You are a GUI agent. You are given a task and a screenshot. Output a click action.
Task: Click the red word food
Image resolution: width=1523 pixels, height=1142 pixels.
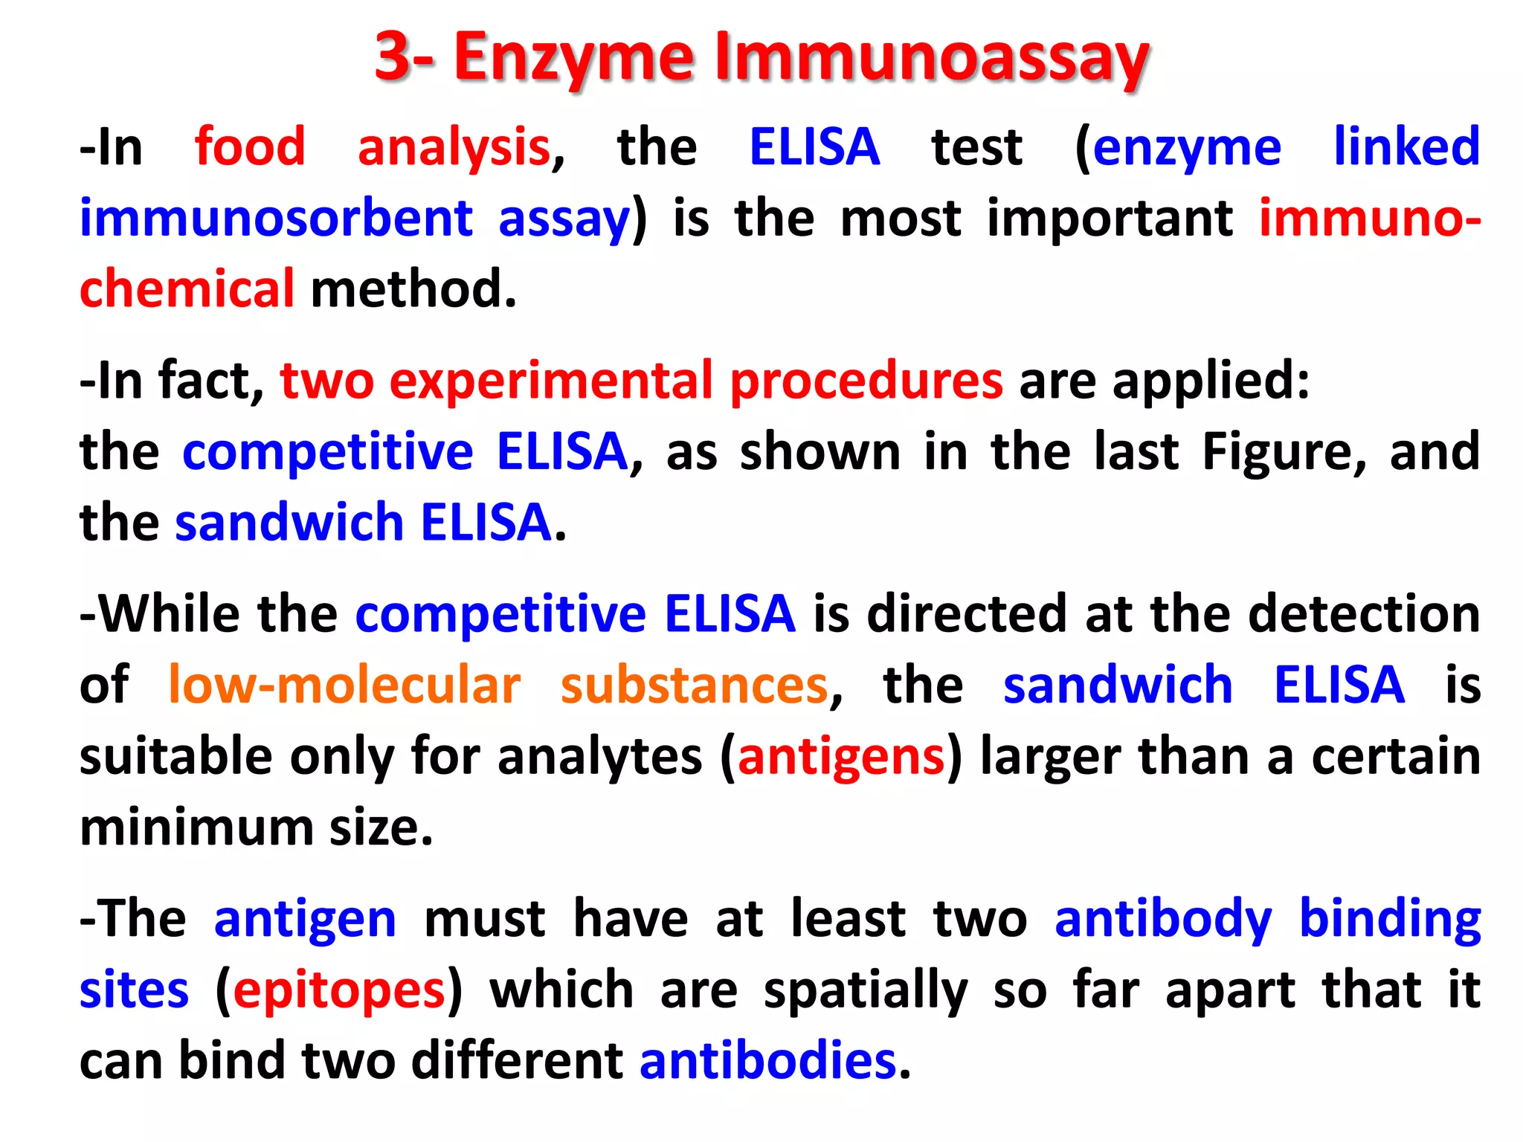[x=250, y=146]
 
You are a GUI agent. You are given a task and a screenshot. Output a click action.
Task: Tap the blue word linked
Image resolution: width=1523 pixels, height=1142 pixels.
[x=1406, y=146]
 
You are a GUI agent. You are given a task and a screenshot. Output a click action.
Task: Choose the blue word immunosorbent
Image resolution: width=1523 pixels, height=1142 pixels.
[x=276, y=218]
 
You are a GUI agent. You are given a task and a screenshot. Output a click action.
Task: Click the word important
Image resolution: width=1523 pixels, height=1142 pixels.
[x=1110, y=218]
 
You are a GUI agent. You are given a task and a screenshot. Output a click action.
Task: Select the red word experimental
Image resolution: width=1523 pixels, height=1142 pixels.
[x=552, y=381]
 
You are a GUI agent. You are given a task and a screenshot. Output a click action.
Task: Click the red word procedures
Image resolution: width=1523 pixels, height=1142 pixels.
[x=866, y=381]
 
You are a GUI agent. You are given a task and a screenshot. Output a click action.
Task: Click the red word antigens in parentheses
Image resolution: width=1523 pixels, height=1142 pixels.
[x=841, y=757]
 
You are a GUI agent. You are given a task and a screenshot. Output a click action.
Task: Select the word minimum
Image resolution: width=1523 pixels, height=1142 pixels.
[x=196, y=827]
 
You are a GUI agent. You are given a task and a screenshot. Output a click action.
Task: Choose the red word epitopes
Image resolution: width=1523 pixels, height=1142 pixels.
[x=338, y=990]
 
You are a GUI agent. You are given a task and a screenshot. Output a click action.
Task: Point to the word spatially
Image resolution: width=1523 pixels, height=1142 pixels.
[x=866, y=990]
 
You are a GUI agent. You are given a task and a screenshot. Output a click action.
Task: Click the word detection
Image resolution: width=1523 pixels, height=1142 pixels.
[x=1364, y=613]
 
